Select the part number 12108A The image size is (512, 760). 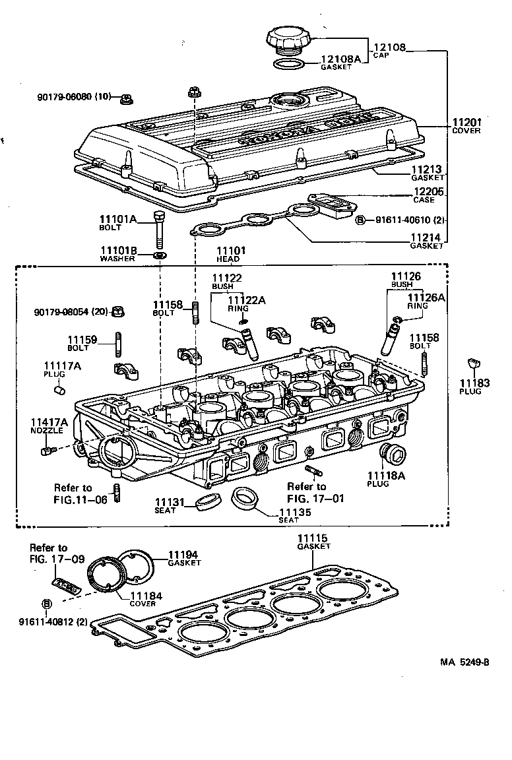pyautogui.click(x=341, y=59)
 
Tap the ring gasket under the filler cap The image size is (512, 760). pyautogui.click(x=288, y=65)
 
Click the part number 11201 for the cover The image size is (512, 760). pyautogui.click(x=466, y=122)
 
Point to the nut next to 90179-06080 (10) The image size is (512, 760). pyautogui.click(x=125, y=99)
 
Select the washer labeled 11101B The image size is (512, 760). pyautogui.click(x=160, y=255)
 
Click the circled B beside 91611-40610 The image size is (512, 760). pyautogui.click(x=360, y=220)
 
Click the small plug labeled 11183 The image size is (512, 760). pyautogui.click(x=471, y=363)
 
